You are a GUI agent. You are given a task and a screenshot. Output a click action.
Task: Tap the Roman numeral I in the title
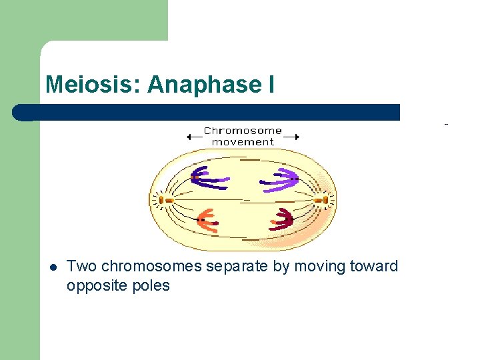270,85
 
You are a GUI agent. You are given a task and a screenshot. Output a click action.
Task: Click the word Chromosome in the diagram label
243,131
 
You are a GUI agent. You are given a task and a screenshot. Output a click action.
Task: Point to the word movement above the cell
243,142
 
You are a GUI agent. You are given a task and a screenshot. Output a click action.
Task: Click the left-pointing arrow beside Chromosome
194,137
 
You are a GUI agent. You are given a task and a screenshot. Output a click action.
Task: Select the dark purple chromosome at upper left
207,176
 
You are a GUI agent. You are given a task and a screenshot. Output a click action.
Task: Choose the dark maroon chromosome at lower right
282,219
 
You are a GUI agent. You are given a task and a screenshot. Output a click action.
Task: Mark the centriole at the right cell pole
323,199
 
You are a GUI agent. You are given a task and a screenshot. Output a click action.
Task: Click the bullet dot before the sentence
53,267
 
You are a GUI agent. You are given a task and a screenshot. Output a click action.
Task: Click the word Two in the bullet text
81,267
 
